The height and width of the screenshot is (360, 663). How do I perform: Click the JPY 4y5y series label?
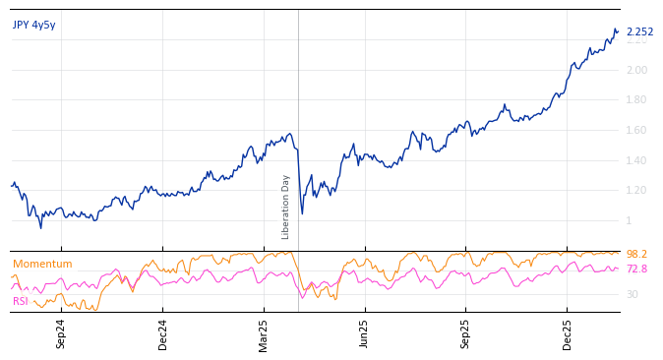(34, 25)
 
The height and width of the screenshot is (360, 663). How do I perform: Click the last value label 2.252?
(639, 31)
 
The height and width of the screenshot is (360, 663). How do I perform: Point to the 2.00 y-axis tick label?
(636, 70)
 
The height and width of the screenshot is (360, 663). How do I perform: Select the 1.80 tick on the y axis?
(636, 99)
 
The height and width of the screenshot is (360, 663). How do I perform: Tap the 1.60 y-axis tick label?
(636, 130)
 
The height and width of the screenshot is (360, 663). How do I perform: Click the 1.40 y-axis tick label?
(636, 160)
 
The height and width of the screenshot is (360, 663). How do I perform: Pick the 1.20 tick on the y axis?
(636, 190)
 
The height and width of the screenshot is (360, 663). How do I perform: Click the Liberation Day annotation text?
(286, 207)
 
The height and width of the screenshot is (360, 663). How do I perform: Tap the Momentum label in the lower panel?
(42, 264)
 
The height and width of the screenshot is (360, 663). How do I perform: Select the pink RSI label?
(21, 301)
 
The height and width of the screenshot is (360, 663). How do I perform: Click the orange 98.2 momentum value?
(636, 254)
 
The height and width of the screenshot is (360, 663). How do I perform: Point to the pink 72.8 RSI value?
(636, 269)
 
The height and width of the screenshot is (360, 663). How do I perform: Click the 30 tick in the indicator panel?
(632, 294)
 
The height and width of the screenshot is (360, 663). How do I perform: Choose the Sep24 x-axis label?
(61, 333)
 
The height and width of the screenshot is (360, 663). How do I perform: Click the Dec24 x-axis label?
(162, 333)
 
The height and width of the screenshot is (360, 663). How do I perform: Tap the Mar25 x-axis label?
(264, 333)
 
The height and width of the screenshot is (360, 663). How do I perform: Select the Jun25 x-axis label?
(365, 333)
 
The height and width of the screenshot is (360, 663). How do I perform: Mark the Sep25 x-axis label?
(465, 333)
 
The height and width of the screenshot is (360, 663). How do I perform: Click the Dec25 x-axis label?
(567, 333)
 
